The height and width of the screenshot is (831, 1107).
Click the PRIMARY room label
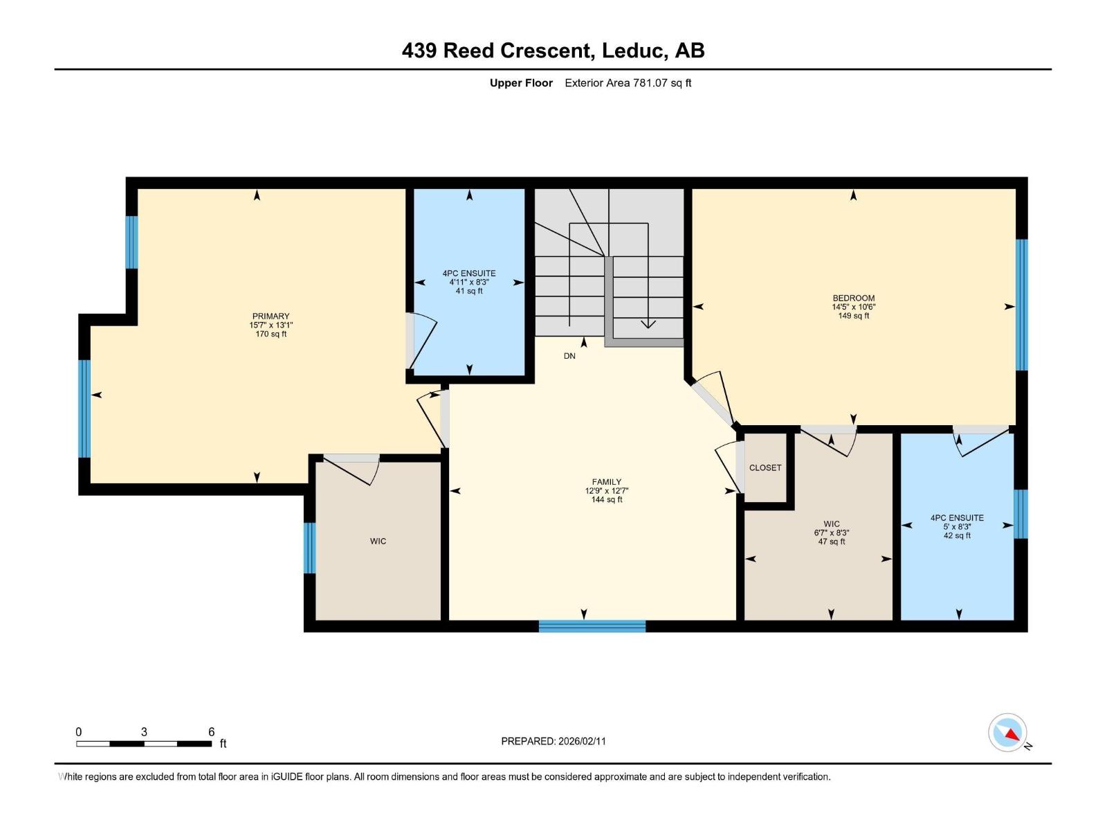[x=271, y=316]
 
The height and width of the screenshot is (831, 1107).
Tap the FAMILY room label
[x=607, y=482]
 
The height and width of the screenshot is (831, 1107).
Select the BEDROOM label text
[x=853, y=298]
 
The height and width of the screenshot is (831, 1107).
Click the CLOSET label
[x=765, y=467]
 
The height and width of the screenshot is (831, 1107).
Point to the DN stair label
[x=569, y=356]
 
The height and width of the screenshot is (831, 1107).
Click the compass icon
[x=1007, y=733]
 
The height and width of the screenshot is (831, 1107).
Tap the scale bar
[x=144, y=744]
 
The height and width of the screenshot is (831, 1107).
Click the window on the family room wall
[x=592, y=626]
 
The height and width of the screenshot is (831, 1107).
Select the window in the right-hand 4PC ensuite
[x=1021, y=514]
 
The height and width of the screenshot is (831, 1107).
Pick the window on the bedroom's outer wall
[x=1021, y=305]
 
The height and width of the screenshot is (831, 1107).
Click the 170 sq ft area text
[x=271, y=334]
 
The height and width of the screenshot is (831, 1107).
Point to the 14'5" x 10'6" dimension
[x=853, y=307]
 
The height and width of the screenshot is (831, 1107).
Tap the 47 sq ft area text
[x=832, y=542]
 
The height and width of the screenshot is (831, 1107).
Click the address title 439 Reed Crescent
[x=496, y=51]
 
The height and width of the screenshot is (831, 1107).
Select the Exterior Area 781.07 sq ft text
[x=628, y=83]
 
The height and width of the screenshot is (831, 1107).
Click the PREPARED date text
[x=553, y=741]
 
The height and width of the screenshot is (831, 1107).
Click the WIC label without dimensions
[x=378, y=542]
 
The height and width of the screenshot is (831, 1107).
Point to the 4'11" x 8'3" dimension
[x=469, y=282]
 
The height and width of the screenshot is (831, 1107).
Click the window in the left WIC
[x=309, y=548]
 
